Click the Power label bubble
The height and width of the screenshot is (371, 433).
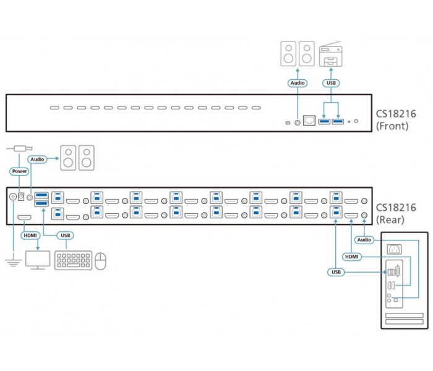tap(20, 171)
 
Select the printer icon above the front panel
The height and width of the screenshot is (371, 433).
tap(330, 54)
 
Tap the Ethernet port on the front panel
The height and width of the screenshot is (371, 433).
tap(309, 121)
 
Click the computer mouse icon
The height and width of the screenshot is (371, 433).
tap(100, 261)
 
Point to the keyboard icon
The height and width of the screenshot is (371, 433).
tap(74, 260)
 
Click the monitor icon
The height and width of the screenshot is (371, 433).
tap(38, 260)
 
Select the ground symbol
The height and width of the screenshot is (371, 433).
tap(13, 262)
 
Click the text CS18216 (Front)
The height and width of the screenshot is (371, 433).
tap(396, 120)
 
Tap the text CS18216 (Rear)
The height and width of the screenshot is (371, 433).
tap(396, 214)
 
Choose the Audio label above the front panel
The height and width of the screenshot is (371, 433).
tap(298, 83)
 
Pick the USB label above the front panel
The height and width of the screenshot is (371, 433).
tap(331, 83)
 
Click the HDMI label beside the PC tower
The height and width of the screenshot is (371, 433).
tap(351, 257)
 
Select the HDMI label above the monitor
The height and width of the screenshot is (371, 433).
tap(30, 236)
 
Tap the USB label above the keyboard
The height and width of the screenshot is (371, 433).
tap(66, 236)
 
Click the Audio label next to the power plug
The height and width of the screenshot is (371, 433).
tap(37, 160)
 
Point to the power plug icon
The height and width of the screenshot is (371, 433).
tap(19, 148)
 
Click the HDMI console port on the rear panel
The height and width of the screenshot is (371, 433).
tap(24, 218)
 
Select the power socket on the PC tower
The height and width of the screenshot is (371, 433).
tap(395, 250)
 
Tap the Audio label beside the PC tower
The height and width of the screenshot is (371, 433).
tap(364, 240)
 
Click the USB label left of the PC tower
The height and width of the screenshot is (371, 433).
tap(336, 272)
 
